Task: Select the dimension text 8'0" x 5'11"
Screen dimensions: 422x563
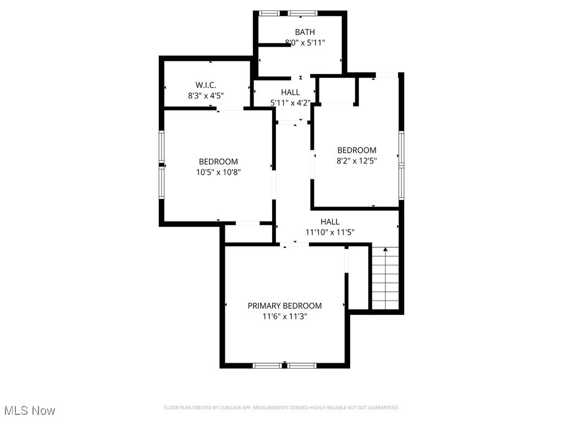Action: (x=305, y=42)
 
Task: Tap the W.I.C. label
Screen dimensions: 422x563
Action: (x=206, y=85)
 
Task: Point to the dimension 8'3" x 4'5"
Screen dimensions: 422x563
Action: (x=206, y=95)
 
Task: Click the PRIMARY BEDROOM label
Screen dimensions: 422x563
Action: (x=284, y=306)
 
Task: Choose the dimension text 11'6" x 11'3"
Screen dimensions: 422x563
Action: (x=284, y=316)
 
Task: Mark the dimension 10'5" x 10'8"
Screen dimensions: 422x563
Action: (x=218, y=172)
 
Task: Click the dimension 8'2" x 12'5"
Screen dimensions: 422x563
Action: (x=357, y=160)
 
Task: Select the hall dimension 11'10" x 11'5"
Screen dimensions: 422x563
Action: (x=330, y=232)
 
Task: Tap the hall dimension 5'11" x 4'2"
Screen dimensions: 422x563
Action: (x=290, y=102)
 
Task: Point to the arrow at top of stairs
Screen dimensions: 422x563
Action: (x=385, y=250)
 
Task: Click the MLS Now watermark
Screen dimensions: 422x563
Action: (x=30, y=410)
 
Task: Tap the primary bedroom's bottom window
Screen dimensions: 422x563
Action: (x=284, y=365)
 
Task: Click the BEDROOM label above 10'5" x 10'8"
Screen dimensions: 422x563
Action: (x=218, y=162)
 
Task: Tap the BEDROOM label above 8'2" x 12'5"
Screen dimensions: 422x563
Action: (x=357, y=150)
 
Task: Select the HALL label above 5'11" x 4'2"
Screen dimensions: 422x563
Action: (x=290, y=92)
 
